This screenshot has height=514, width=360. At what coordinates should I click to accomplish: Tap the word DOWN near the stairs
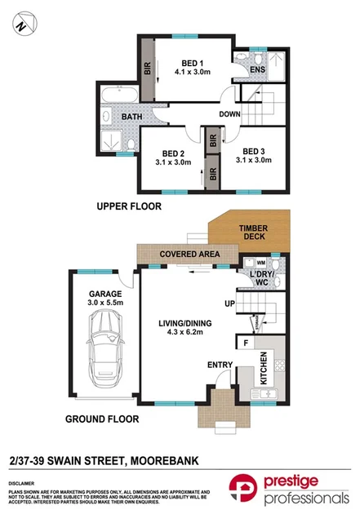pyautogui.click(x=229, y=114)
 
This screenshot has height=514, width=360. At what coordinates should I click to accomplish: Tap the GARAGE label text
pyautogui.click(x=105, y=293)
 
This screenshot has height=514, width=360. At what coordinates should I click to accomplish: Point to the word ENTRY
pyautogui.click(x=218, y=365)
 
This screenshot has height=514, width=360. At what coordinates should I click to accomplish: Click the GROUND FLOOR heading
pyautogui.click(x=102, y=419)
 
